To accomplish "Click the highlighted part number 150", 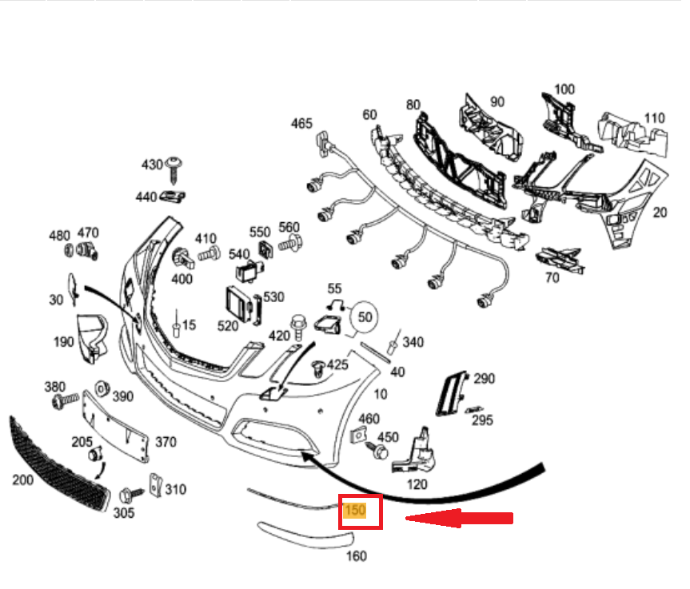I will coord(355,509).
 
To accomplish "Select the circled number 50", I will coord(365,316).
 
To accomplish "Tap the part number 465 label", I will coord(301,123).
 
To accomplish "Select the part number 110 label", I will coord(654,118).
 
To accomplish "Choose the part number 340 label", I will coord(413,342).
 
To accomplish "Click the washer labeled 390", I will coord(102,388).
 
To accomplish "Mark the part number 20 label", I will coord(660,213).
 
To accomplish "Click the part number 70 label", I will coord(552,278).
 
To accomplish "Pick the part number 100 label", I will coord(564,89).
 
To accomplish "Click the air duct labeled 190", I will coord(92,335).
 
